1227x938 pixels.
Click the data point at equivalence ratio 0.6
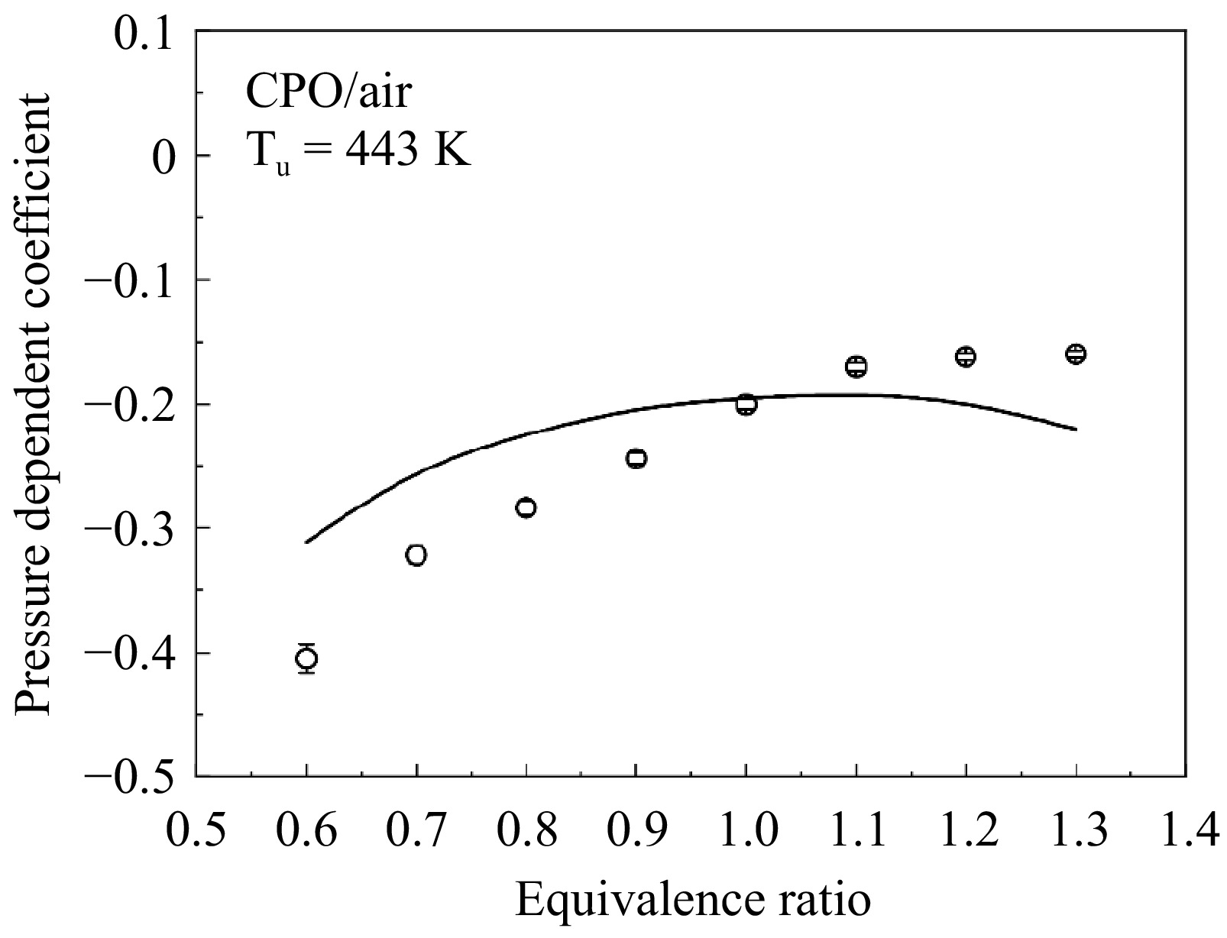[x=306, y=658]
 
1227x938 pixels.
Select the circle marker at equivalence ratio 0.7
[x=416, y=555]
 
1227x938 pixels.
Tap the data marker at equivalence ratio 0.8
[x=526, y=508]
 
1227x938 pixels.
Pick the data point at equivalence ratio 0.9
[x=636, y=458]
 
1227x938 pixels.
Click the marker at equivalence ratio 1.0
[x=746, y=405]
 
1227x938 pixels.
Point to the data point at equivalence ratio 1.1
[x=856, y=367]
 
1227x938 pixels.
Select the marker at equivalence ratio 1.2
[x=966, y=357]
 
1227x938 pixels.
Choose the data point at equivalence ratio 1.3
[x=1076, y=354]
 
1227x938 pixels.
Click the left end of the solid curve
[x=306, y=542]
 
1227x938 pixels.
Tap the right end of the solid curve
[x=1076, y=429]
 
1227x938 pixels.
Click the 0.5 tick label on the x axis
[x=196, y=830]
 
